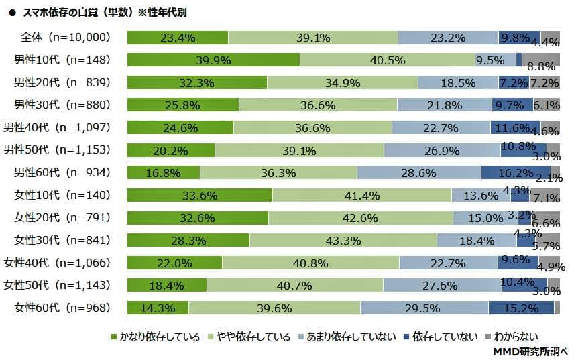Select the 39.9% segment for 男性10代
[213, 60]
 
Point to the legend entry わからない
[510, 337]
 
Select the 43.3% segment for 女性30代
[343, 240]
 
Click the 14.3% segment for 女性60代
[158, 308]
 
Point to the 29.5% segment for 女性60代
[424, 308]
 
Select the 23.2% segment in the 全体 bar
[448, 38]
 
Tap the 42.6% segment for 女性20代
[360, 217]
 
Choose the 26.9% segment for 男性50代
[442, 150]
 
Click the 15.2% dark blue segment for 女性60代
[521, 308]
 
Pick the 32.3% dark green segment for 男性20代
[197, 82]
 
